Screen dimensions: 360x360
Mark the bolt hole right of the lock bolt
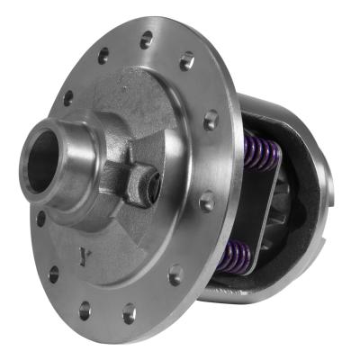[x=206, y=202]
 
